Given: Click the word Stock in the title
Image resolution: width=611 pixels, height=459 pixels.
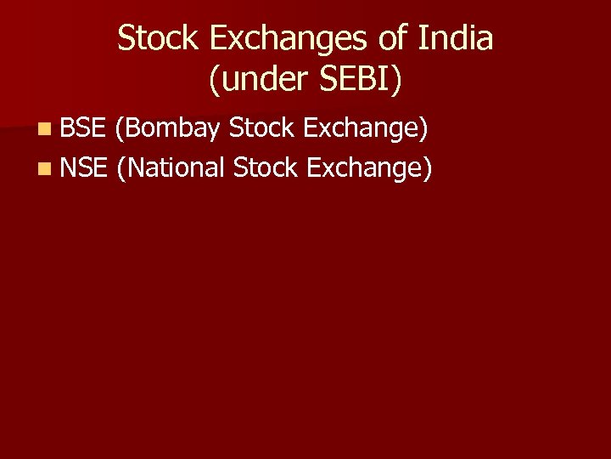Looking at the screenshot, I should [155, 38].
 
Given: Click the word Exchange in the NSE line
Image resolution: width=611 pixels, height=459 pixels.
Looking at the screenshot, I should [367, 168].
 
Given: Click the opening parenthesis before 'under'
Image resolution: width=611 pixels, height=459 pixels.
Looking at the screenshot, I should [213, 82].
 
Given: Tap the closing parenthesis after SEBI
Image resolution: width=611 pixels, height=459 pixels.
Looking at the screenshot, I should [399, 82].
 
